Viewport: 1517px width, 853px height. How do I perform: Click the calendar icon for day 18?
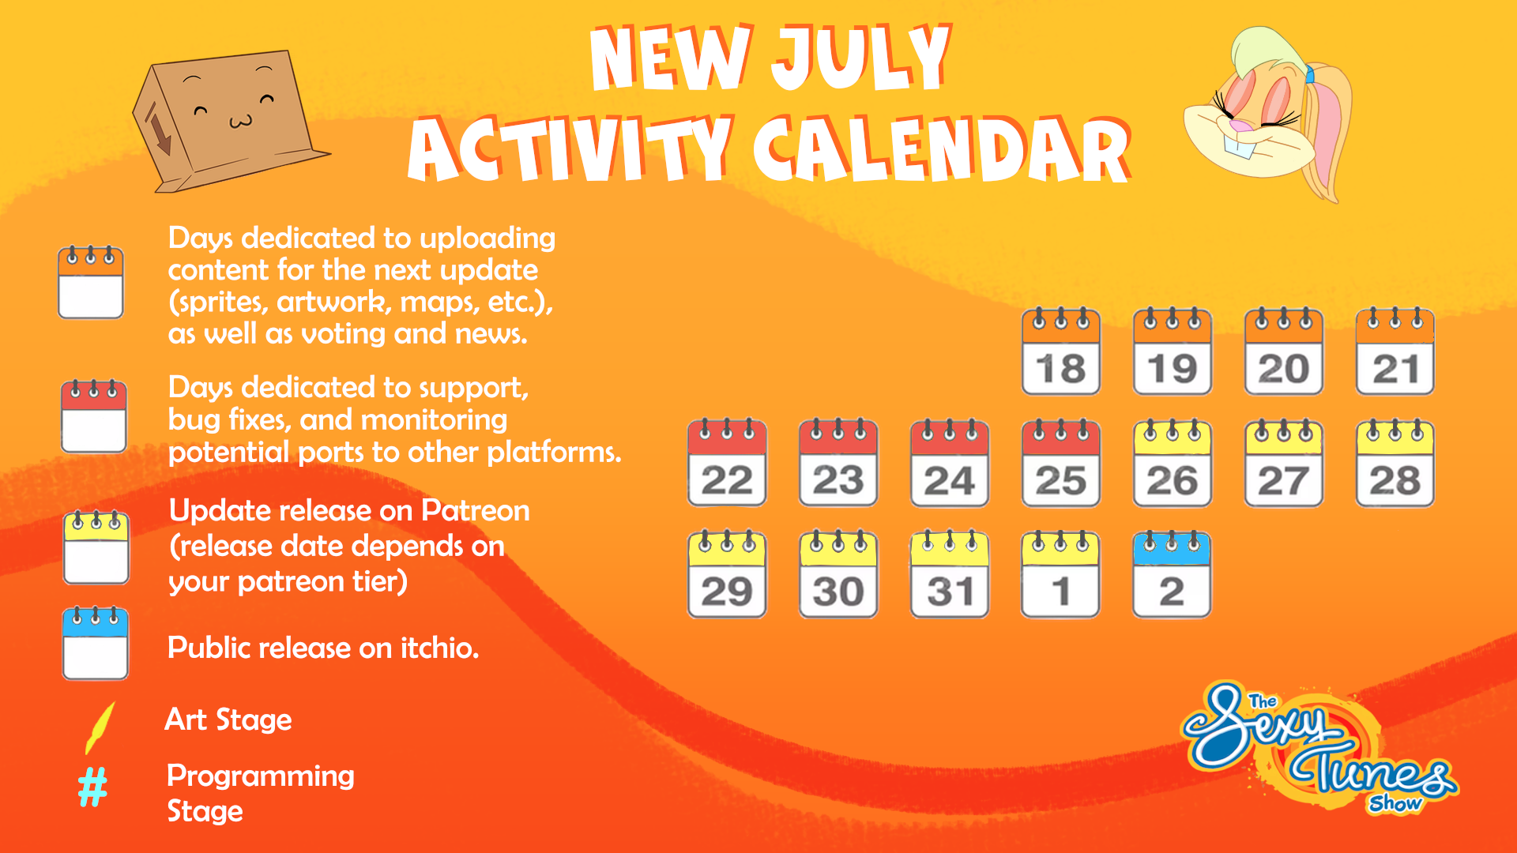1060,351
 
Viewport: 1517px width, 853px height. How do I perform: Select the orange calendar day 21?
1395,351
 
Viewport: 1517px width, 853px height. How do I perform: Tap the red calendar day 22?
727,463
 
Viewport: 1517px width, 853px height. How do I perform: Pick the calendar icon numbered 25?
1060,463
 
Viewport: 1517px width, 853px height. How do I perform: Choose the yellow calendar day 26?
1172,463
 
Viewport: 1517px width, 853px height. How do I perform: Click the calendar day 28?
1395,463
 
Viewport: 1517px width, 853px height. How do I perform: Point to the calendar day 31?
949,574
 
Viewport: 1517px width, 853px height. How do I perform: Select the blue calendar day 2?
1172,574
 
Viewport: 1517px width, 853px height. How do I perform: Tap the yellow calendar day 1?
1060,574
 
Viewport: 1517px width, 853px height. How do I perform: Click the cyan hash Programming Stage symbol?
92,787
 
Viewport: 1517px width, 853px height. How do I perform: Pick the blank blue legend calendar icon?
96,644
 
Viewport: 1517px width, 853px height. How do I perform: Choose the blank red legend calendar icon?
94,416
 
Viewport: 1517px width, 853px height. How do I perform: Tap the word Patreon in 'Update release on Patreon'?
475,511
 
